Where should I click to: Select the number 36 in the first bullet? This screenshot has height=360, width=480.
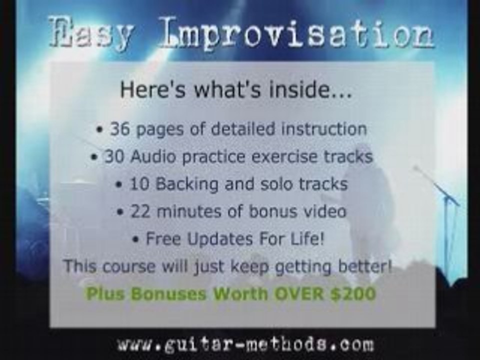119,129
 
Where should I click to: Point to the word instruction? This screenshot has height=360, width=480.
323,129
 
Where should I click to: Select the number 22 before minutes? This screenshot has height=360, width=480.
140,211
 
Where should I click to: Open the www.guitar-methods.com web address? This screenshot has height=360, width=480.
245,344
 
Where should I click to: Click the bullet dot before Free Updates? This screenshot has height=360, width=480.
136,239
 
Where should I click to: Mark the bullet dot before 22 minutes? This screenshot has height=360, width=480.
120,212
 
